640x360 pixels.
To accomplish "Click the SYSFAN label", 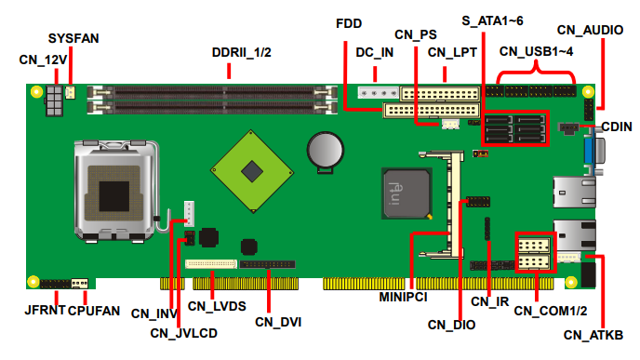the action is coord(73,38).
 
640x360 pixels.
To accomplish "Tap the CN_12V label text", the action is coord(43,60).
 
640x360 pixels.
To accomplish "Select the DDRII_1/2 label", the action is coord(241,52).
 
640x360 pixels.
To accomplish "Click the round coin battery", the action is coord(326,150).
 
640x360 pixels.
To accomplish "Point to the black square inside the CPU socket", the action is coord(113,196).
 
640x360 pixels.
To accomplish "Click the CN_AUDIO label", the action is coord(590,30).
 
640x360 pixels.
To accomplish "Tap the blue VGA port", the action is coord(589,151).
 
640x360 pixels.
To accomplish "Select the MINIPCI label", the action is coord(404,297).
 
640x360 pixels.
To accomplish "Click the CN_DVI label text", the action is coord(278,322).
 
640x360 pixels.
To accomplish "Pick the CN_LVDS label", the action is coord(217,306).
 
